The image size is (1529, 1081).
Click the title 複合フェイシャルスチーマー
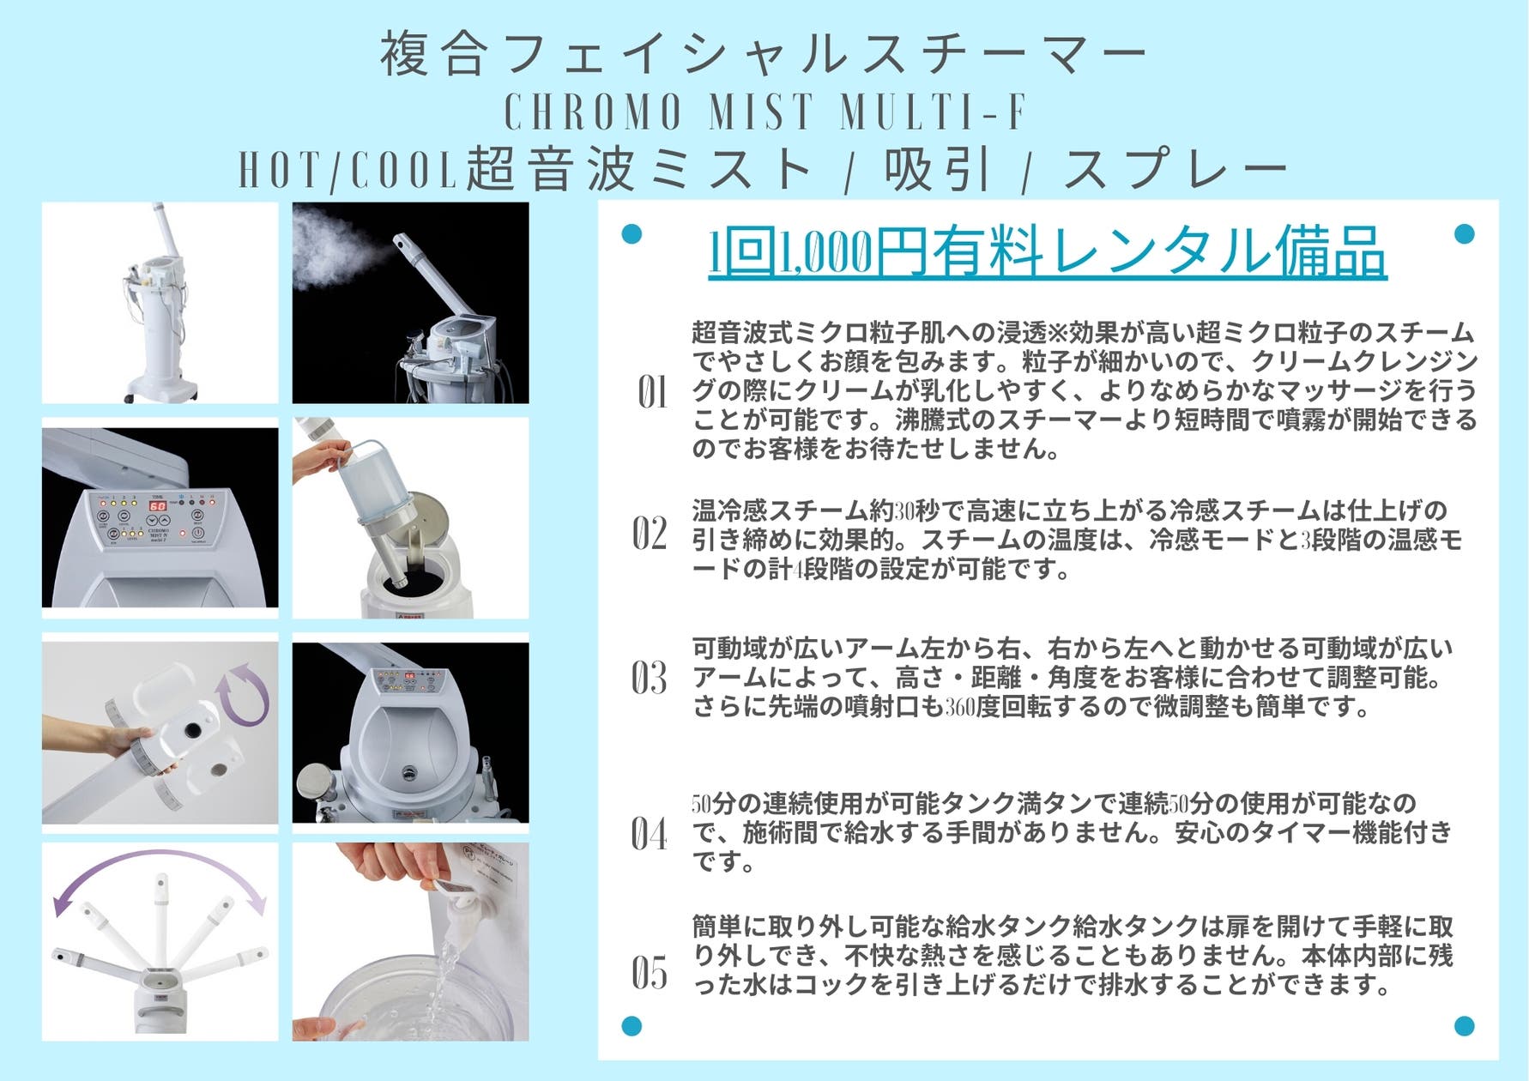(x=764, y=53)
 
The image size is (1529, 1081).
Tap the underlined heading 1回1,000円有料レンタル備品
(x=1047, y=252)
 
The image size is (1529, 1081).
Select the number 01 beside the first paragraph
(x=652, y=393)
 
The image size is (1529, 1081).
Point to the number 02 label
(x=650, y=534)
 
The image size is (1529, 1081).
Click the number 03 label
(x=650, y=678)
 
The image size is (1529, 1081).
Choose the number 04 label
(x=650, y=833)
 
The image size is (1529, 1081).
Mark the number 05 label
(x=650, y=973)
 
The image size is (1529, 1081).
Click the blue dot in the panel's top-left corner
(x=632, y=233)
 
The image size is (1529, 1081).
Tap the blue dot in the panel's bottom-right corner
(x=1465, y=1025)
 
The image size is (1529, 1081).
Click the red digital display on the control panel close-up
(x=158, y=506)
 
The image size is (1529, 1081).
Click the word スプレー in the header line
(x=1175, y=169)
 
